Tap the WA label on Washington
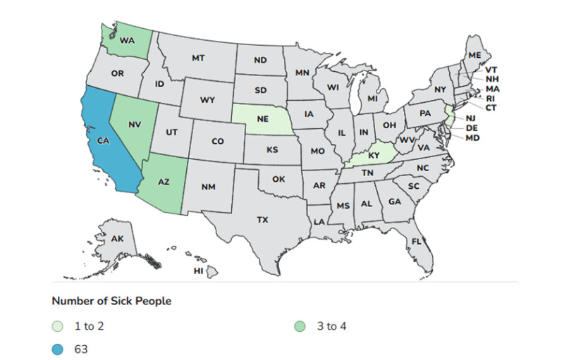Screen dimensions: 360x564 pyautogui.click(x=127, y=41)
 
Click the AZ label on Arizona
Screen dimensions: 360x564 pyautogui.click(x=164, y=182)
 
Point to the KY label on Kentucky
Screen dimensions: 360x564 pyautogui.click(x=374, y=155)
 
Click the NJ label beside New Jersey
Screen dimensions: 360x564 pyautogui.click(x=471, y=118)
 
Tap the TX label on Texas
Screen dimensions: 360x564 pyautogui.click(x=262, y=220)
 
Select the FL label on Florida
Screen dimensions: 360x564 pyautogui.click(x=417, y=241)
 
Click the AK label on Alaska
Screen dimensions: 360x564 pyautogui.click(x=118, y=240)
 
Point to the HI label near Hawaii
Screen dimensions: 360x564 pyautogui.click(x=199, y=271)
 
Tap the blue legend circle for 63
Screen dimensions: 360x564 pyautogui.click(x=58, y=348)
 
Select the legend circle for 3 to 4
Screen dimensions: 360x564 pyautogui.click(x=302, y=326)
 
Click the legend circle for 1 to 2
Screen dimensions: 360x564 pyautogui.click(x=58, y=326)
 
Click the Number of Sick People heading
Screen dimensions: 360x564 pyautogui.click(x=111, y=301)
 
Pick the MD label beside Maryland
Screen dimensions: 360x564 pyautogui.click(x=472, y=137)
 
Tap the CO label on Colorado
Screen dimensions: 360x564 pyautogui.click(x=218, y=142)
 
